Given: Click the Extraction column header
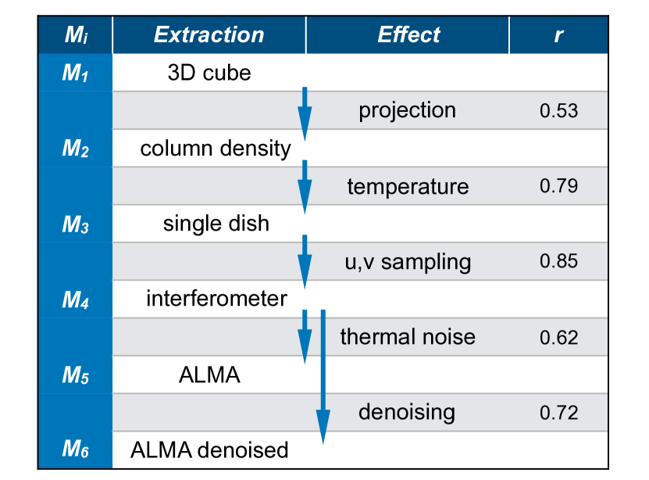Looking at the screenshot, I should point(209,35).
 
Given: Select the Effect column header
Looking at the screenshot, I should point(408,35).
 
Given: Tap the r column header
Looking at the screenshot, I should point(558,35).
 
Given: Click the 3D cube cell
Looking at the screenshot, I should point(209,73).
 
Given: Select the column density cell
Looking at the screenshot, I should point(216,149).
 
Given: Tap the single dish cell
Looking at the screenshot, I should point(216,224).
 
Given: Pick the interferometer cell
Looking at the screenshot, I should point(216,299).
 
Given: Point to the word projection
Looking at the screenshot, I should point(407,111).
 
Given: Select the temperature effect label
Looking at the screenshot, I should point(408,187).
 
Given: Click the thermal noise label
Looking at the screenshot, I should point(408,337).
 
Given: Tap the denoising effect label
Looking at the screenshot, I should point(407,412).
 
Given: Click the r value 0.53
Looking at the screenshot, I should point(558,111).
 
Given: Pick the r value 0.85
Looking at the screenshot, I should point(558,261).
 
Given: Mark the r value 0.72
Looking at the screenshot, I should point(558,412).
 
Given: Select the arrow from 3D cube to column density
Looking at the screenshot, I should point(305,113).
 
